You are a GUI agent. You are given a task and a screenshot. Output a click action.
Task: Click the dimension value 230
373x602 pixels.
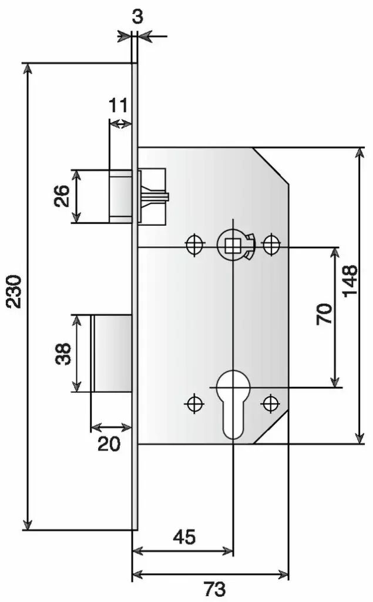pyautogui.click(x=15, y=291)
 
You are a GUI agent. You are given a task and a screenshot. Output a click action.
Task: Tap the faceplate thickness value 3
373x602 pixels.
pyautogui.click(x=137, y=17)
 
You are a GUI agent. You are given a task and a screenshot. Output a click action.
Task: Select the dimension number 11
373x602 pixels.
pyautogui.click(x=118, y=105)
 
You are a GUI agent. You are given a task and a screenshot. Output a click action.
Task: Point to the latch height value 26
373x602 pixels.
pyautogui.click(x=62, y=196)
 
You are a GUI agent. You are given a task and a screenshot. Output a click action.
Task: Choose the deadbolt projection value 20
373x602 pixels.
pyautogui.click(x=109, y=444)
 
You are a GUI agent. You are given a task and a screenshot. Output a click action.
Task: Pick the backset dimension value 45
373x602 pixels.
pyautogui.click(x=184, y=537)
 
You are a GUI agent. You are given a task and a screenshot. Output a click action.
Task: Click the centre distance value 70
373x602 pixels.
pyautogui.click(x=324, y=314)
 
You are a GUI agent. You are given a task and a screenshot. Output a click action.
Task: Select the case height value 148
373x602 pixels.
pyautogui.click(x=350, y=281)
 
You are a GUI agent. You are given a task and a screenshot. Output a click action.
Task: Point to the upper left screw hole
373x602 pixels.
pyautogui.click(x=194, y=244)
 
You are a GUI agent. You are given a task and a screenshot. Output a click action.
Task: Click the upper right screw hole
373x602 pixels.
pyautogui.click(x=271, y=244)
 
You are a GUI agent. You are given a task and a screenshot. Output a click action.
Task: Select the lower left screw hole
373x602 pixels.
pyautogui.click(x=194, y=403)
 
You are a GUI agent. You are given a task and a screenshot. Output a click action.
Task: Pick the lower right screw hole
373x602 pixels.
pyautogui.click(x=271, y=403)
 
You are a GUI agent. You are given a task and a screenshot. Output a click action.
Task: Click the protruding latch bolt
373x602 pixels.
pyautogui.click(x=120, y=196)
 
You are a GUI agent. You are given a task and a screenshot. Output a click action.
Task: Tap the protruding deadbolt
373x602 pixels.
pyautogui.click(x=111, y=353)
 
